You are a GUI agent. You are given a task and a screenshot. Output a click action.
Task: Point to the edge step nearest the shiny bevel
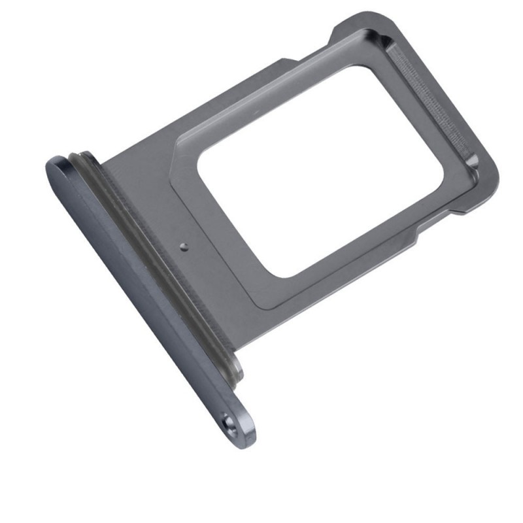coord(451,212)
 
